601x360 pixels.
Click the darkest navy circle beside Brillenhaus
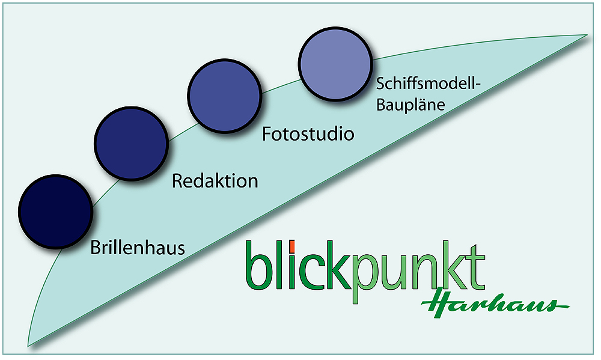(x=55, y=211)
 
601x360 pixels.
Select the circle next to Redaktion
(x=131, y=143)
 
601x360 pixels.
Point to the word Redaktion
(x=215, y=180)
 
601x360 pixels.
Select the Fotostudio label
(x=308, y=133)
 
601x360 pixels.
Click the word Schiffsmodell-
(x=429, y=85)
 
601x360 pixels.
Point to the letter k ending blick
(x=333, y=265)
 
